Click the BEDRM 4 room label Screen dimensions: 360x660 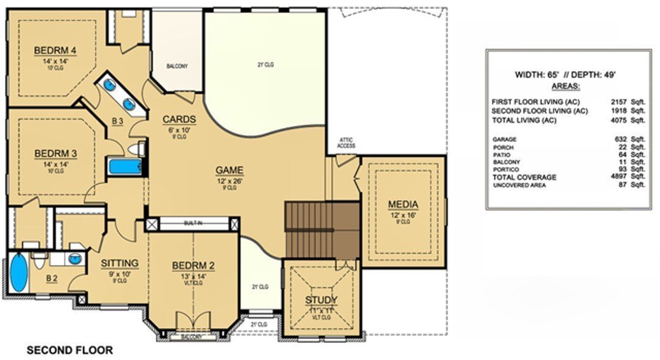pos(53,50)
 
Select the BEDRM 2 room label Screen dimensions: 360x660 pos(193,265)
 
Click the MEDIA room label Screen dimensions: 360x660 pos(403,204)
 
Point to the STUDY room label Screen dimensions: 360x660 pos(321,299)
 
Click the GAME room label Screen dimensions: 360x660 pos(230,170)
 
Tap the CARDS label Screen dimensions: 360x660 pos(178,119)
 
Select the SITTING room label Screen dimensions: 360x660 pos(120,263)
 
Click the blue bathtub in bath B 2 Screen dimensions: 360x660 pos(19,273)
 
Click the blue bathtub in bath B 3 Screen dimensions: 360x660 pos(125,166)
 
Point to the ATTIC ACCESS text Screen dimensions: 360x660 pos(346,143)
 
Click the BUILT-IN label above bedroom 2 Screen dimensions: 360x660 pos(193,224)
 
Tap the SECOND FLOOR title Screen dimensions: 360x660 pos(69,350)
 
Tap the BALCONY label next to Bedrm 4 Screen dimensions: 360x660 pos(177,66)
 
